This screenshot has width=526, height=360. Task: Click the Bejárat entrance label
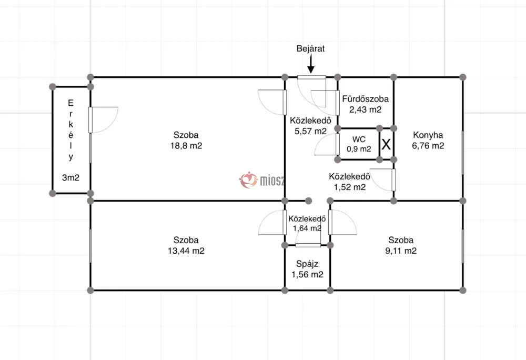(310, 48)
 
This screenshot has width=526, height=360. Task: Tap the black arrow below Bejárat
(311, 64)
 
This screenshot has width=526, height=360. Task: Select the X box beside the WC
(386, 144)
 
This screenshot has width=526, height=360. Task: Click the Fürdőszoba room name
(366, 99)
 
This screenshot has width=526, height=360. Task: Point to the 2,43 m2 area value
(366, 109)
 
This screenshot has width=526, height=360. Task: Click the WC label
(359, 139)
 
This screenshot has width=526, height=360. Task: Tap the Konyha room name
(428, 135)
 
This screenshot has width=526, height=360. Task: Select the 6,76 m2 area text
(428, 146)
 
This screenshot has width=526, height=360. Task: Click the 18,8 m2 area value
(186, 146)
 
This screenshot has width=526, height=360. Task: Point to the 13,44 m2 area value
(186, 251)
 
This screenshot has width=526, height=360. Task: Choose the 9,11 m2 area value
(401, 251)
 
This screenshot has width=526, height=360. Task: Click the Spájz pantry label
(307, 264)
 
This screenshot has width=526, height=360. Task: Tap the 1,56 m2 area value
(307, 275)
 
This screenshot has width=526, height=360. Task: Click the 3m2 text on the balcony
(71, 178)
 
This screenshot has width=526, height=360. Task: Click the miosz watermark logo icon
(248, 180)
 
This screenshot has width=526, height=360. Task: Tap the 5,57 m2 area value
(311, 131)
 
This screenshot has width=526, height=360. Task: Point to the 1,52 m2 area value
(350, 187)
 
